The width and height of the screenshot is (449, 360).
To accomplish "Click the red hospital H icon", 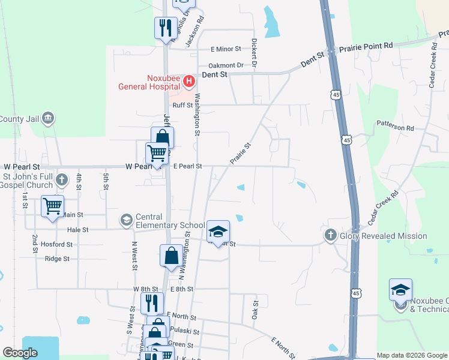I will click(x=188, y=80).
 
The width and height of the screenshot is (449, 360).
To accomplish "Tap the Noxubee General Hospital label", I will click(x=148, y=82).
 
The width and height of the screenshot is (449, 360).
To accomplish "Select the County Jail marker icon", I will click(x=49, y=118).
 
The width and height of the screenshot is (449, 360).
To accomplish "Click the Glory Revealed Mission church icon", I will click(x=330, y=236).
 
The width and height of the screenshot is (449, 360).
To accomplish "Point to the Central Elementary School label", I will click(x=163, y=221).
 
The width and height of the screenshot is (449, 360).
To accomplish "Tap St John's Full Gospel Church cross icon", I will click(x=61, y=179).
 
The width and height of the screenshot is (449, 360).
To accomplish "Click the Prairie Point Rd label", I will click(x=366, y=46).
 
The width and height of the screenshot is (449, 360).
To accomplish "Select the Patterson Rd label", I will click(x=395, y=127).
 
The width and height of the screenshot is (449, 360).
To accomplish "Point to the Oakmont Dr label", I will click(x=226, y=65).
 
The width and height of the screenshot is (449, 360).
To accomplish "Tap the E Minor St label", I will click(x=225, y=49).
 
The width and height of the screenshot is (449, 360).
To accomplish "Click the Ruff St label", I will click(x=182, y=105).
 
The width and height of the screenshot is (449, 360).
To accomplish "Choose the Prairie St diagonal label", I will click(x=239, y=153).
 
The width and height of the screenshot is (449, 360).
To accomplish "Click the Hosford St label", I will click(x=56, y=244).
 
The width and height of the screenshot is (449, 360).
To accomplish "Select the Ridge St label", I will click(x=57, y=259).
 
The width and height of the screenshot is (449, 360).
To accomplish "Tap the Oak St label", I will click(x=254, y=310).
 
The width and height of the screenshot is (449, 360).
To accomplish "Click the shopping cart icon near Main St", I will click(x=53, y=206).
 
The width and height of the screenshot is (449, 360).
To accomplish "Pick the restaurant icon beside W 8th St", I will click(x=152, y=302).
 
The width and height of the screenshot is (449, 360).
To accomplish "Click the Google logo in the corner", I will click(x=20, y=353).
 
